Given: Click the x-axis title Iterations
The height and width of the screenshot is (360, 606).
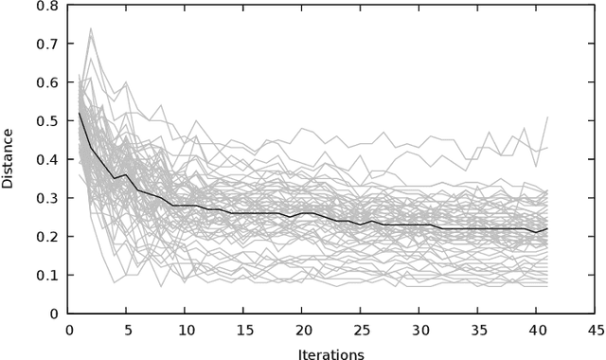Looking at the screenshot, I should [330, 354].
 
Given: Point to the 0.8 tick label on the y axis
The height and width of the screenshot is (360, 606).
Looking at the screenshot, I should [47, 7].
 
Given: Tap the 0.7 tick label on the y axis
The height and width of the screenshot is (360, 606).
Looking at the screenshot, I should [47, 45].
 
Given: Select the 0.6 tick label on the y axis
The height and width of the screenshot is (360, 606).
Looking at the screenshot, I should [47, 83].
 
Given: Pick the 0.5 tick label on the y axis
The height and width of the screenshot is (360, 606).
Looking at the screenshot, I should [47, 121].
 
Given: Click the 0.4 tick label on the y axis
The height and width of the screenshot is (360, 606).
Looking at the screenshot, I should [47, 160].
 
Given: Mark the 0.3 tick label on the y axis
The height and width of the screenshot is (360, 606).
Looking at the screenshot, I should [47, 198].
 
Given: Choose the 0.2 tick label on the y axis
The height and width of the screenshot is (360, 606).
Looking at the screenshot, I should [47, 237].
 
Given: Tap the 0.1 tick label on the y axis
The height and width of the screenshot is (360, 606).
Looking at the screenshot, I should [47, 275].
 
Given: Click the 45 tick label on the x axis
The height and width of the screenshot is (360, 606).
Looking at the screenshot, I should [594, 330].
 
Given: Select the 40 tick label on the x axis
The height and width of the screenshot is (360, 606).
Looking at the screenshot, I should [536, 330].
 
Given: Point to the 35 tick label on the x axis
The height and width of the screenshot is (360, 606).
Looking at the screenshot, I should [477, 330].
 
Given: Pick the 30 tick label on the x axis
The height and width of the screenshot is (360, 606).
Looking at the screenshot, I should [419, 330].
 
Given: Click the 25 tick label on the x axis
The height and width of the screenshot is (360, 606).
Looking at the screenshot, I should [361, 330].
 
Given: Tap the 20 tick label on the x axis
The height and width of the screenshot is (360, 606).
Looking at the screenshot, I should [302, 330].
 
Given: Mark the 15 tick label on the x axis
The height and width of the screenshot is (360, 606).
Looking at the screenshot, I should [243, 330].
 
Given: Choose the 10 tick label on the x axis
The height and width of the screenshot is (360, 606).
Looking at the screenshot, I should [186, 330].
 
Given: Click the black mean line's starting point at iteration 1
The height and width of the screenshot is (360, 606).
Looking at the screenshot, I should [80, 114].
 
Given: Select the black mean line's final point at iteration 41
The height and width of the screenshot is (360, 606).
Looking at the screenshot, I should [547, 228].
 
